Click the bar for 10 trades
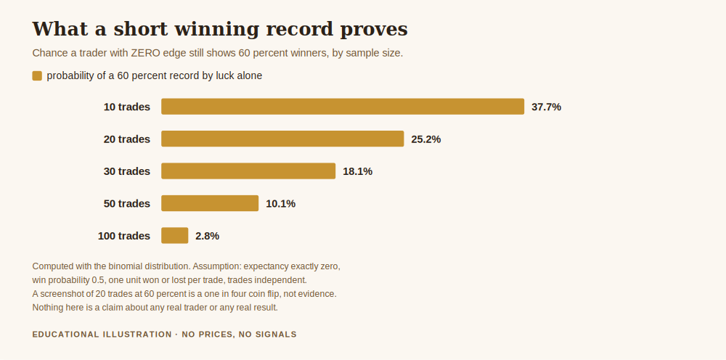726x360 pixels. tap(343, 107)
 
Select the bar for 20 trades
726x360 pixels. tap(282, 139)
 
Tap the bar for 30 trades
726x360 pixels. tap(248, 171)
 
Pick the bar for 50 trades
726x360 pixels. tap(210, 203)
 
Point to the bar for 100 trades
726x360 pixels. tap(174, 236)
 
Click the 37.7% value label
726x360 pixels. tap(547, 107)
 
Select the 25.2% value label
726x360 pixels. tap(426, 139)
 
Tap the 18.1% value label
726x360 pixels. tap(357, 172)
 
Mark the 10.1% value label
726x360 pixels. tap(280, 204)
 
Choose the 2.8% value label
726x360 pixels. tap(208, 236)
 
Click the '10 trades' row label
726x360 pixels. tap(127, 107)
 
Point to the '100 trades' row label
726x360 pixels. tap(124, 236)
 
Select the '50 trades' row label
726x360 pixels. tap(127, 204)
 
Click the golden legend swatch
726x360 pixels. tap(37, 76)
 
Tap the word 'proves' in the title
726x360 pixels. tap(374, 30)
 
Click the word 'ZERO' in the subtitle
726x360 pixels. tap(145, 53)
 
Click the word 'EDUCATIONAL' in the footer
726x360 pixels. tap(66, 335)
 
